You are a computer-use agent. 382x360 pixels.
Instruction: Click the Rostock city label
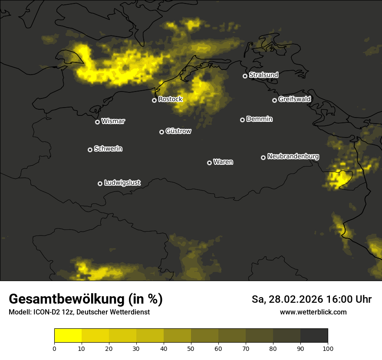coord(170,99)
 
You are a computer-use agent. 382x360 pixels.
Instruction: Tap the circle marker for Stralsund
coord(245,76)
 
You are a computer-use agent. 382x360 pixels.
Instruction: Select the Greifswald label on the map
coord(294,99)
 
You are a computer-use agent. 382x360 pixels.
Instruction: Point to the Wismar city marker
coord(97,122)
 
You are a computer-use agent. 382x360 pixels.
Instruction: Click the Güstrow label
coord(178,131)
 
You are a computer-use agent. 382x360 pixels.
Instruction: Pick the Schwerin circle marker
coord(90,150)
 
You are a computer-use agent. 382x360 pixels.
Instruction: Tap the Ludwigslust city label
coord(122,183)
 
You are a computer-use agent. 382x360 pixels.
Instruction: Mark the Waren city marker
coord(209,163)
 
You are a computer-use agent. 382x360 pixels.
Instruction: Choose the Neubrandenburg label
coord(293,157)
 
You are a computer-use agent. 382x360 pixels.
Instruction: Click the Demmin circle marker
coord(242,120)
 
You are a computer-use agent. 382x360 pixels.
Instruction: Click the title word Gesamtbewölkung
coord(66,299)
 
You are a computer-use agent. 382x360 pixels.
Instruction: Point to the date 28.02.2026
coord(296,299)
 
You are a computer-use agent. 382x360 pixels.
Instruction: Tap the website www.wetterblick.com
coord(313,312)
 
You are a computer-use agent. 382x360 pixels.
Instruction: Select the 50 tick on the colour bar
coord(191,348)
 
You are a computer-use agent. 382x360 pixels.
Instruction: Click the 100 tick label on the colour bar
coord(328,348)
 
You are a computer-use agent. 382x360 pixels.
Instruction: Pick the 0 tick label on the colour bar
coord(54,348)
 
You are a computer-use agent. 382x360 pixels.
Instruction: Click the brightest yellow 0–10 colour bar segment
coord(68,336)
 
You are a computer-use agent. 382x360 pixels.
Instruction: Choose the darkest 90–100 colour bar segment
coord(314,336)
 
